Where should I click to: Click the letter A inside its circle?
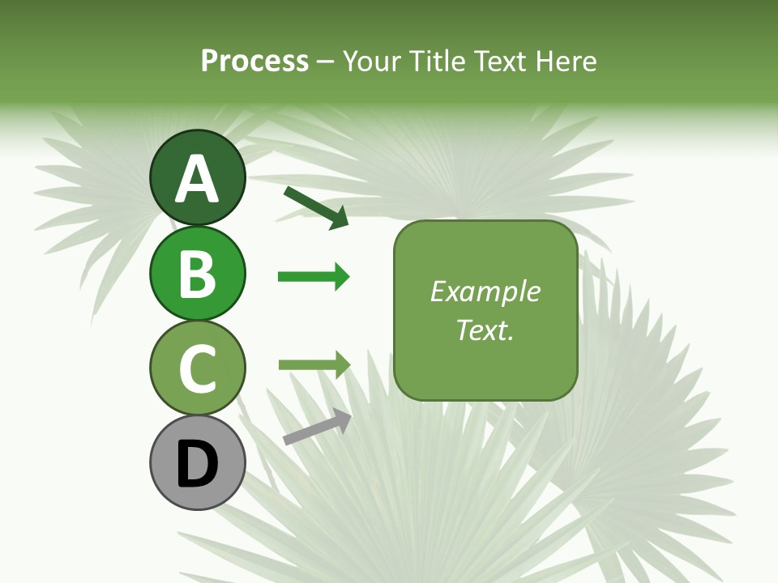(197, 179)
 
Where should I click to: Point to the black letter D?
(197, 465)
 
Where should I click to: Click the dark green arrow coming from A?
(316, 207)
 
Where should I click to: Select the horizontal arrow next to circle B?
(314, 277)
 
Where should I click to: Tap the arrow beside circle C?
(314, 364)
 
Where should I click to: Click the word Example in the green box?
(485, 291)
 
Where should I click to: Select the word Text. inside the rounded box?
(485, 330)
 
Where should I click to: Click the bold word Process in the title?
(254, 61)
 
